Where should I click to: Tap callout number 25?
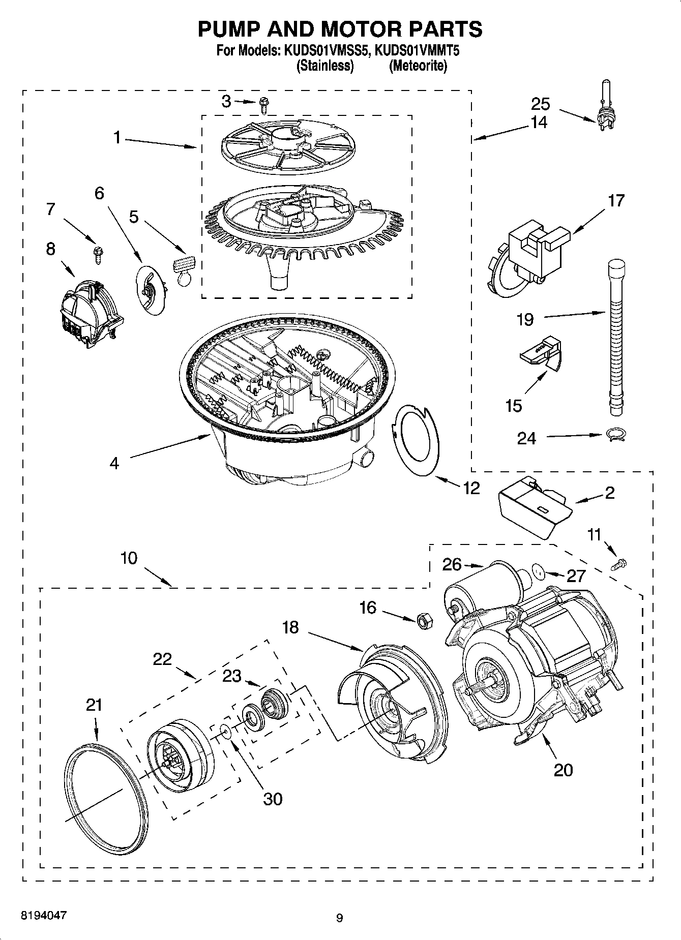(540, 104)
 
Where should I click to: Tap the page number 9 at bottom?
(339, 918)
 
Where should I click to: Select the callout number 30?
(273, 799)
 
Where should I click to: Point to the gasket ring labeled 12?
(417, 440)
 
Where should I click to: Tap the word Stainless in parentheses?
(325, 66)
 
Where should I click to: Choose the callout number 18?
(291, 627)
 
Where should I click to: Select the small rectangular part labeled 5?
(184, 265)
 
